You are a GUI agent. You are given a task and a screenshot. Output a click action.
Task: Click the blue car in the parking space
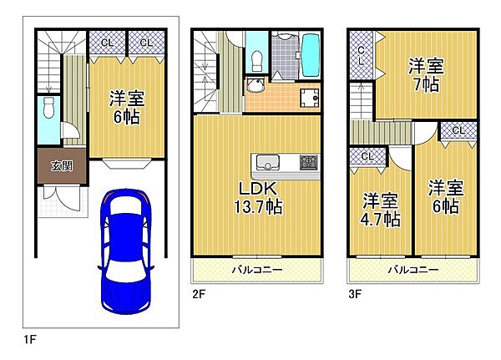coord(125,251)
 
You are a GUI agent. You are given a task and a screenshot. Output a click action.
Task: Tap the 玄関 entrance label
coord(62,166)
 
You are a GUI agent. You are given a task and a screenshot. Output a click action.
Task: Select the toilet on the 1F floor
coord(48,108)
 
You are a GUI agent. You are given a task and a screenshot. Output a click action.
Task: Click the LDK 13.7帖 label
coord(259,198)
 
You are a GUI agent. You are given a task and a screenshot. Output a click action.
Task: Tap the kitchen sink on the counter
coord(268,162)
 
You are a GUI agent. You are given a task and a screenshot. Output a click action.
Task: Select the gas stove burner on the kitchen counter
coord(309,162)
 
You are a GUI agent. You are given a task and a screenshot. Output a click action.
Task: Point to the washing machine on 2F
coord(309,98)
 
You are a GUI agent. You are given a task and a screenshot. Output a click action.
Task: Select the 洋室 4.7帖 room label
coord(380,210)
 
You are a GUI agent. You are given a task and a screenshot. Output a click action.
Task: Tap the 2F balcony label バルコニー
coord(257,270)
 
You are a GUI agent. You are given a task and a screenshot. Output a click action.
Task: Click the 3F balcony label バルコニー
coord(413,270)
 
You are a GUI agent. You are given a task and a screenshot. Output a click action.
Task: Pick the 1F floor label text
coord(30,339)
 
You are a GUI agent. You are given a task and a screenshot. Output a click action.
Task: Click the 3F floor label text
coord(355,294)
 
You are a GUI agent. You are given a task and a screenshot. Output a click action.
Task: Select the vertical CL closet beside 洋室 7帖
coord(361,55)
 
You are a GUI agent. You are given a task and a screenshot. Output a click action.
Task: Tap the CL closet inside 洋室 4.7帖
coord(367,157)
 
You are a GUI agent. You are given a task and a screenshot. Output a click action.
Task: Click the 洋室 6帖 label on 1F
coord(127,108)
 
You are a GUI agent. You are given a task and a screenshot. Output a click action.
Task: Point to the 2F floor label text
coord(199,294)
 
